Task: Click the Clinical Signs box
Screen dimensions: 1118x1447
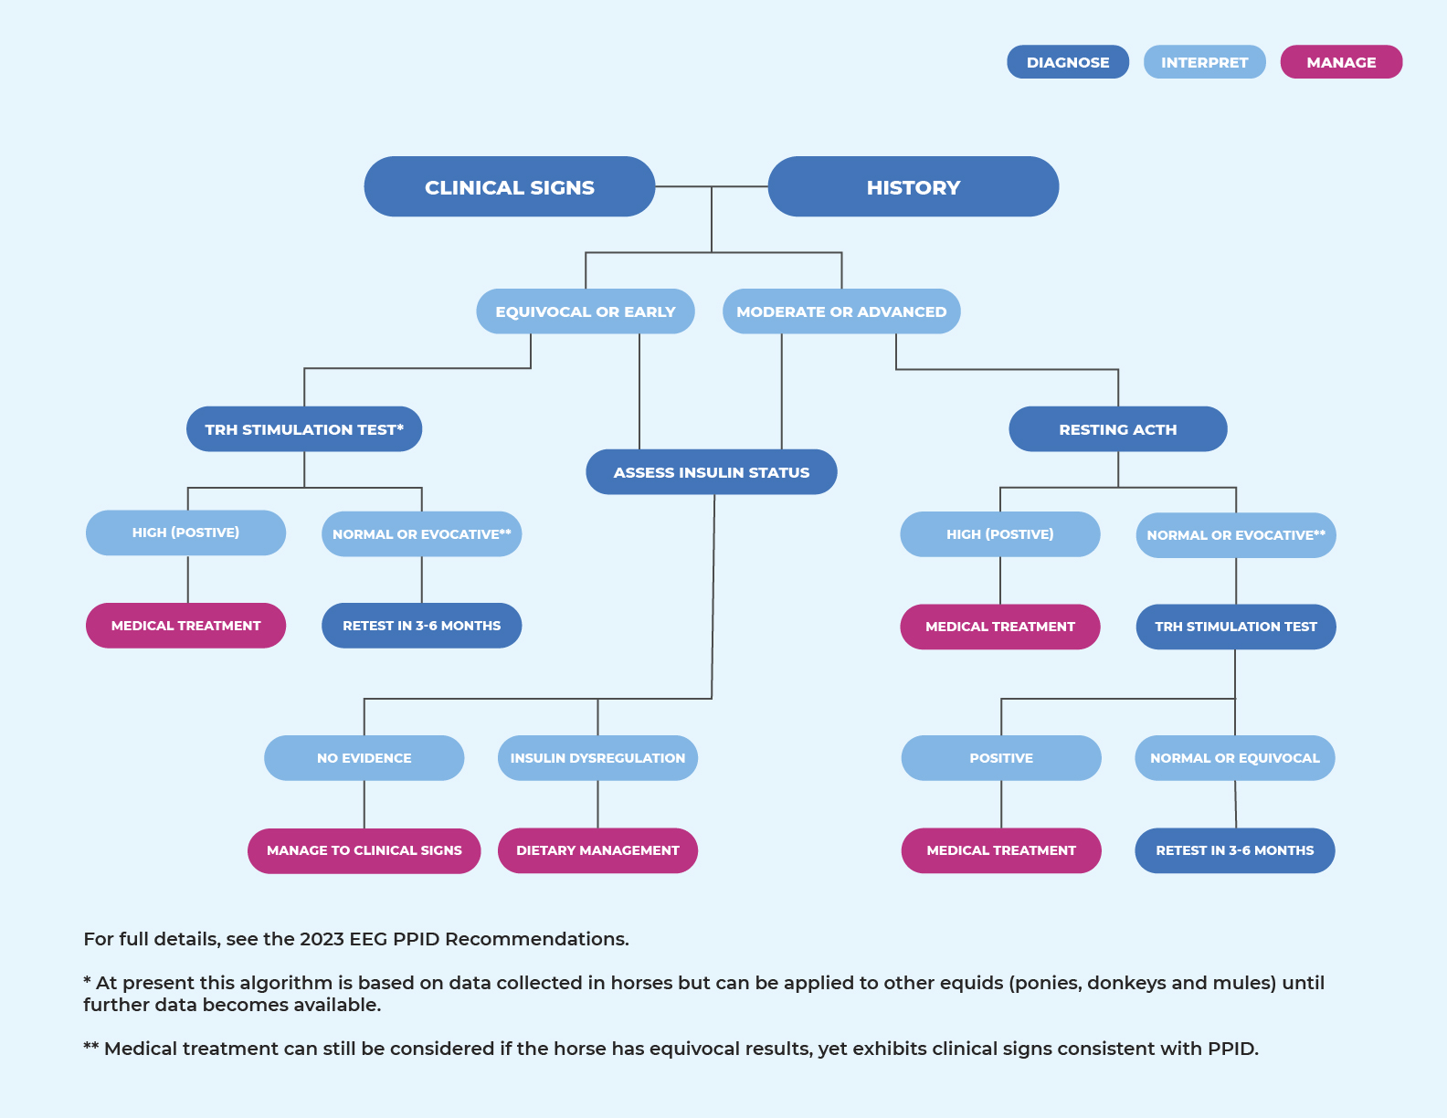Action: pos(509,187)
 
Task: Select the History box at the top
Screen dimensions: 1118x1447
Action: pos(913,187)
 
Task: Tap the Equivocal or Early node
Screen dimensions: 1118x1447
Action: pos(585,311)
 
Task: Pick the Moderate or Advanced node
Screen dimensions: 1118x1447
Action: pos(840,311)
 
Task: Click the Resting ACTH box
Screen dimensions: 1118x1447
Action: pos(1117,429)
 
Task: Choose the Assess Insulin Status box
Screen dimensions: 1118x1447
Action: pos(711,472)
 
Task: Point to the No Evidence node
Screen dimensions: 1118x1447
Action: pos(364,758)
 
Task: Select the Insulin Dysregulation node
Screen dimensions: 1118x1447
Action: pos(597,758)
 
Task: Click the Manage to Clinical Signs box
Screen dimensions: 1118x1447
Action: pos(364,850)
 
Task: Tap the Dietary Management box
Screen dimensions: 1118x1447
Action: pos(597,850)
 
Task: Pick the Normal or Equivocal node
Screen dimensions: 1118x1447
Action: pos(1234,758)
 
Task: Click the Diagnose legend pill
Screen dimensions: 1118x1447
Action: pos(1067,62)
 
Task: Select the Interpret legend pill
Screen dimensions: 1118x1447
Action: pos(1204,62)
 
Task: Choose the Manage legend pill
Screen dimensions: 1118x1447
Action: pos(1340,62)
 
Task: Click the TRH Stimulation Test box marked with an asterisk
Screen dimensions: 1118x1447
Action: pos(303,429)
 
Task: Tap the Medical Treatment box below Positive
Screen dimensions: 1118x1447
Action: pos(1000,850)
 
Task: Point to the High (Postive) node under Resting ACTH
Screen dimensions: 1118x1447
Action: pos(999,534)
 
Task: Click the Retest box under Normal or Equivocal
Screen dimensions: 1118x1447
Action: pos(1234,850)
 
